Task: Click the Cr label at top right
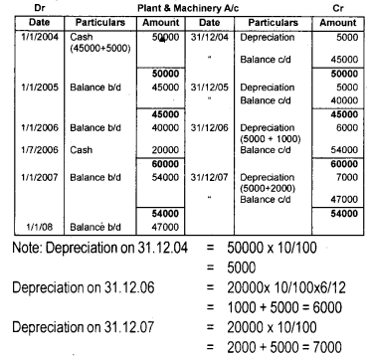(344, 6)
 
